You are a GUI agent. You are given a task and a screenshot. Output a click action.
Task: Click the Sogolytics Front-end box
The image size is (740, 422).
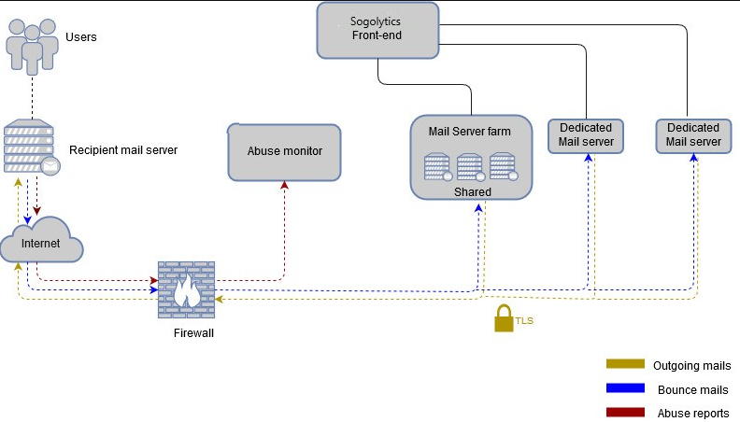(377, 29)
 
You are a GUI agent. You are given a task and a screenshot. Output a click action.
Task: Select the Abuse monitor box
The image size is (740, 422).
(284, 150)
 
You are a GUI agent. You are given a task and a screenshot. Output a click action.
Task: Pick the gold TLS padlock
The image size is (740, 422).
(504, 318)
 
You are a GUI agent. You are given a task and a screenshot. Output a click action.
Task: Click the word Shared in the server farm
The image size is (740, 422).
(472, 191)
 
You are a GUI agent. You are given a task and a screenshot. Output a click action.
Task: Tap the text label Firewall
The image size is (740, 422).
(194, 332)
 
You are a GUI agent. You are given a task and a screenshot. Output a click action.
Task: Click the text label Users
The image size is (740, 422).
(81, 37)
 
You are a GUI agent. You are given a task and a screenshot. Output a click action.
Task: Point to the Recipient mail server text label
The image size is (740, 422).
(123, 149)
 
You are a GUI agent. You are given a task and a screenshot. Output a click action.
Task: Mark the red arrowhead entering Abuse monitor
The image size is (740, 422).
(284, 184)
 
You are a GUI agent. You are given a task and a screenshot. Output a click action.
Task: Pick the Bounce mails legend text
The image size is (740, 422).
(692, 389)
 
